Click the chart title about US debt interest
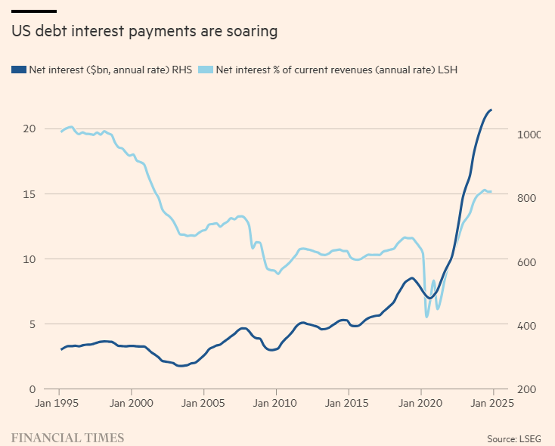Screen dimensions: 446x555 coord(144,32)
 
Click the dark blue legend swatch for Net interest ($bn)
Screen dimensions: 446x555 coord(18,70)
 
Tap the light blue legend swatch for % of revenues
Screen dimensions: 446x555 coord(204,70)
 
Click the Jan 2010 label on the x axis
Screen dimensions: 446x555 coord(276,403)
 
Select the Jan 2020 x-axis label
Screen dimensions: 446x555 coord(420,403)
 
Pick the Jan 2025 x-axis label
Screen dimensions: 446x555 coord(491,403)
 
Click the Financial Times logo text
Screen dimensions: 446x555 coord(67,437)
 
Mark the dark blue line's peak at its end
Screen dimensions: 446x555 coord(491,110)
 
